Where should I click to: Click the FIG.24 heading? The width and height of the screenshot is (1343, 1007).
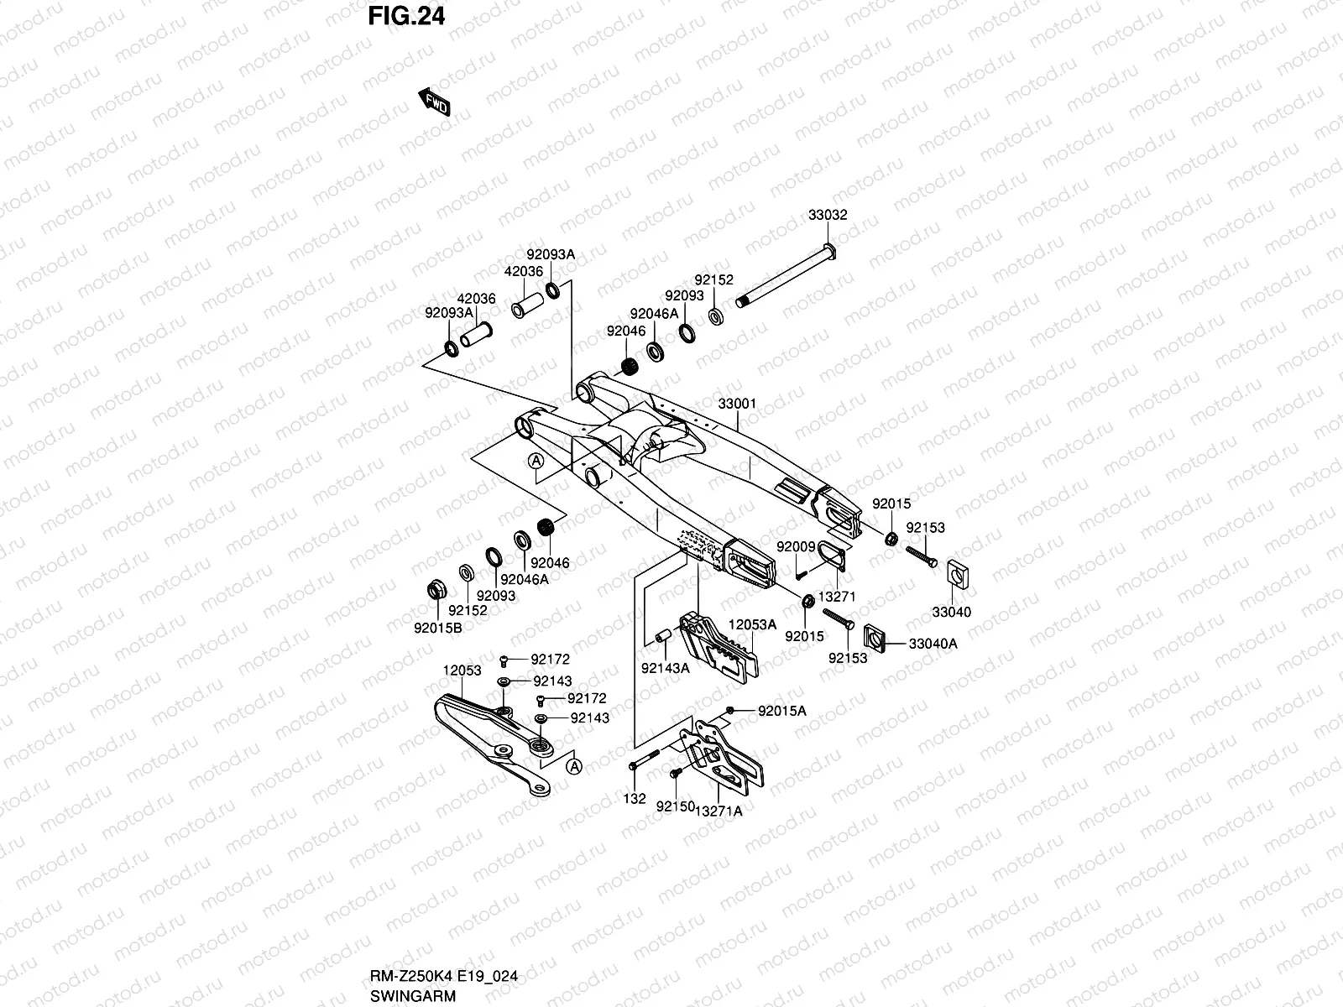pyautogui.click(x=406, y=16)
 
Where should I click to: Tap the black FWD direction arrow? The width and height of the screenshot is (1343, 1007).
pyautogui.click(x=435, y=102)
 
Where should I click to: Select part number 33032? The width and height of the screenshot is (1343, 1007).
pyautogui.click(x=828, y=215)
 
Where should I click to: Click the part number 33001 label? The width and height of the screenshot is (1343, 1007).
pyautogui.click(x=737, y=404)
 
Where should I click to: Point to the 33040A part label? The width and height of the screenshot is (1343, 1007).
pyautogui.click(x=933, y=643)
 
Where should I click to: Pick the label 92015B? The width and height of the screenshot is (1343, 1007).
pyautogui.click(x=438, y=628)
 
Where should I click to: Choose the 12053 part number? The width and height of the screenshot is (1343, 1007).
pyautogui.click(x=462, y=670)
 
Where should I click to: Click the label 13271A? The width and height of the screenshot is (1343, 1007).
pyautogui.click(x=719, y=811)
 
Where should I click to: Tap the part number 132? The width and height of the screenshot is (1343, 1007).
pyautogui.click(x=635, y=799)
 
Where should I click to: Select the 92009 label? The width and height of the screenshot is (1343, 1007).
pyautogui.click(x=796, y=546)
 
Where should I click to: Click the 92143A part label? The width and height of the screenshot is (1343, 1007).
pyautogui.click(x=665, y=668)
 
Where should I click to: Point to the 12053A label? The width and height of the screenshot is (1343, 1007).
pyautogui.click(x=752, y=624)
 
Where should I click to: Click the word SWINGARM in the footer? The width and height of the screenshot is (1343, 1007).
pyautogui.click(x=413, y=996)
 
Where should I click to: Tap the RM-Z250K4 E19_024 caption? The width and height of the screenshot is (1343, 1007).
pyautogui.click(x=443, y=976)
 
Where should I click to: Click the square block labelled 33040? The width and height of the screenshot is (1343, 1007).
pyautogui.click(x=958, y=574)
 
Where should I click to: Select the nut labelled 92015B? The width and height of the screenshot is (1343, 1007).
pyautogui.click(x=436, y=590)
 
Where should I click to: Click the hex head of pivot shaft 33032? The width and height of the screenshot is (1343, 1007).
pyautogui.click(x=829, y=251)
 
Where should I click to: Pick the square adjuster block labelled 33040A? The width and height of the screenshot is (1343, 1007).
pyautogui.click(x=875, y=638)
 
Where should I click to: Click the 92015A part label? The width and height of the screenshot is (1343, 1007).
pyautogui.click(x=782, y=711)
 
